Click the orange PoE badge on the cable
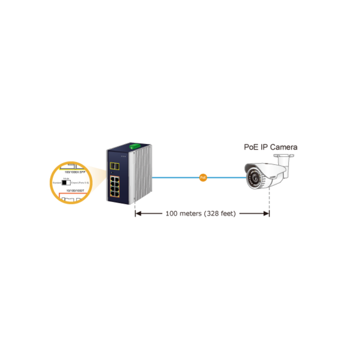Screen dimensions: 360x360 coord(203,178)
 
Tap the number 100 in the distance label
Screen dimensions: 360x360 coord(171,213)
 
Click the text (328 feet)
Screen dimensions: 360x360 coord(220,213)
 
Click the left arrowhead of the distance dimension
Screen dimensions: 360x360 coord(138,213)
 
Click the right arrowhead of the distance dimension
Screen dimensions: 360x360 coord(266,213)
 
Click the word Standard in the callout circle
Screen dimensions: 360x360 coord(56,183)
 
